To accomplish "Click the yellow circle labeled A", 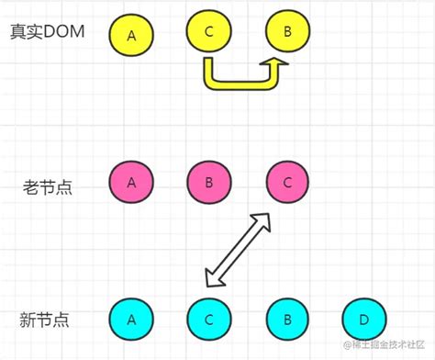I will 131,36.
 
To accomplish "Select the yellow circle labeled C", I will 209,32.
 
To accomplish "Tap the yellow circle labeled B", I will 287,32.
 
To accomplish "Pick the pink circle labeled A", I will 131,183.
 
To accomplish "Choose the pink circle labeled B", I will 209,183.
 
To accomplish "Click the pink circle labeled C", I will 287,183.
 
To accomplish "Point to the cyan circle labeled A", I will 131,320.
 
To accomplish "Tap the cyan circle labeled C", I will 209,320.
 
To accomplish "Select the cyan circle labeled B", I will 287,320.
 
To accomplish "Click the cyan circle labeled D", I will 365,320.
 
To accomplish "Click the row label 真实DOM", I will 47,32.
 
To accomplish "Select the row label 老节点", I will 48,186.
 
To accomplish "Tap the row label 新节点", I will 45,321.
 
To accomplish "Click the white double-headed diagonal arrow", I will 238,249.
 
